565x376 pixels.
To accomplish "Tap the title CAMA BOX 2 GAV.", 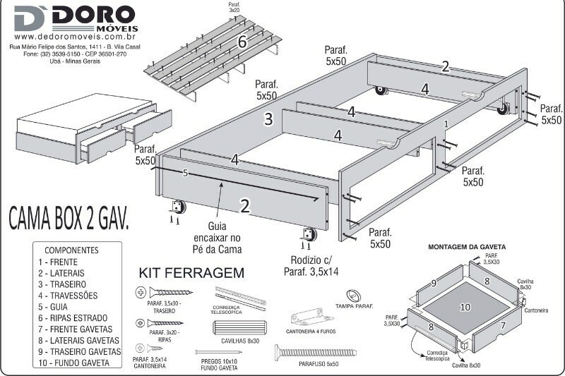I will tap(69, 219).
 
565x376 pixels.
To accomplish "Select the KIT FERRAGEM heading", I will tap(191, 272).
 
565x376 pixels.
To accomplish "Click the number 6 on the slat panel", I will tap(242, 42).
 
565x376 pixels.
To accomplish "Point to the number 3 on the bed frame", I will tap(268, 119).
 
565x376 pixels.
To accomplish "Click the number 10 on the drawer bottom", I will tap(465, 307).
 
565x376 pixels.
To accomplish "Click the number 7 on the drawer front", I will tap(503, 326).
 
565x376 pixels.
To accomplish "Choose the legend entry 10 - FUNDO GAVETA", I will tap(74, 363).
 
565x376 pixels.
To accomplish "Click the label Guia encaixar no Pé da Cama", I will tap(217, 238).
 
